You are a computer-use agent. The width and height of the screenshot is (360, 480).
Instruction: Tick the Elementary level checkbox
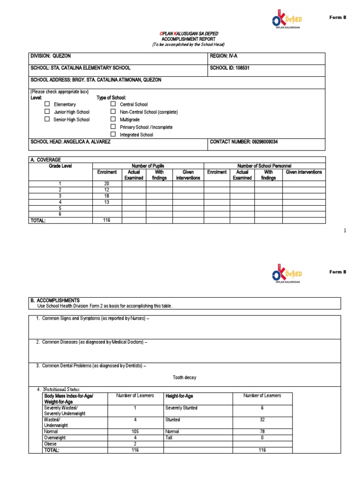point(47,104)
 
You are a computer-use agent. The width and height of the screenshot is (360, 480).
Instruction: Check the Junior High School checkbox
point(47,112)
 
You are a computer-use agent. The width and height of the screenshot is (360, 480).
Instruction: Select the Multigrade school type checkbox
point(113,119)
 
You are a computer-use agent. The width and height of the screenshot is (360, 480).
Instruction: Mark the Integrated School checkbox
point(113,134)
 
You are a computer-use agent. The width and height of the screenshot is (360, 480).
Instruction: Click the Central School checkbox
point(113,104)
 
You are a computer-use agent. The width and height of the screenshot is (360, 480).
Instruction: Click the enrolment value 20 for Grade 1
point(106,183)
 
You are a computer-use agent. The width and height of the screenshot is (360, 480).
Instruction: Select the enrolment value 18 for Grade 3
point(106,195)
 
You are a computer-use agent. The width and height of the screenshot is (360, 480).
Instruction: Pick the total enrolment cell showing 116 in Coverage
point(106,220)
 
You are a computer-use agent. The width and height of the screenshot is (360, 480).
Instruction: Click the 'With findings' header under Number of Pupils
point(159,175)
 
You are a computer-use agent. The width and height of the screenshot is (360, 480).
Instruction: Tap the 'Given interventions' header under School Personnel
point(304,172)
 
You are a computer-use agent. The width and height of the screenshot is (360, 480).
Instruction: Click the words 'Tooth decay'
point(184,377)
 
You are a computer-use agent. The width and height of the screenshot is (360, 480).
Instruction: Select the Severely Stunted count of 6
point(262,408)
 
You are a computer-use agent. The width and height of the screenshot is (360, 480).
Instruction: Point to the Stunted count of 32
point(262,420)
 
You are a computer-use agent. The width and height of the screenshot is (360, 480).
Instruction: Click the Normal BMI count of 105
point(135,431)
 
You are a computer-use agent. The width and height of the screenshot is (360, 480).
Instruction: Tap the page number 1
point(345,231)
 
